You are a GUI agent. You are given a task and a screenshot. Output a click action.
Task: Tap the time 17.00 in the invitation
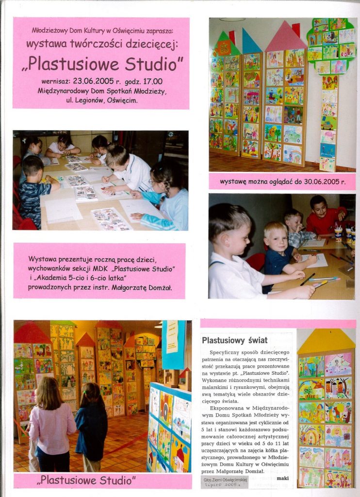click(x=151, y=82)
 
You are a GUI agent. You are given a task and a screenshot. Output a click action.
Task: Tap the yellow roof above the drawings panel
click(x=326, y=341)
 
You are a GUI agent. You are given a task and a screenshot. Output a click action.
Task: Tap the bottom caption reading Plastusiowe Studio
click(x=87, y=480)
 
